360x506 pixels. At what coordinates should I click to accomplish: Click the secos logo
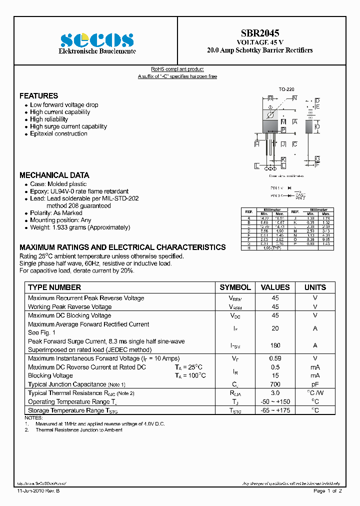pos(97,40)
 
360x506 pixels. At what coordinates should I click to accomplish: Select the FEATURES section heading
pos(38,95)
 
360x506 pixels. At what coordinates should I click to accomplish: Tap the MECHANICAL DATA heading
pos(54,175)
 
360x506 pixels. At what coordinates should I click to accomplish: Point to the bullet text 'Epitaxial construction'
pos(58,133)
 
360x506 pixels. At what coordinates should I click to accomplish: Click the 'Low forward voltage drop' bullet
pos(64,105)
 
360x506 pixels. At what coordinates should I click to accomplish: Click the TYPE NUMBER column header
pos(54,287)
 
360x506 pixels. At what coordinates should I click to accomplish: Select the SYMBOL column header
pos(235,287)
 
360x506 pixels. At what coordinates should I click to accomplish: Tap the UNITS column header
pos(315,287)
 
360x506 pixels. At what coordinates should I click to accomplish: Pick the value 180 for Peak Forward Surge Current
pos(275,345)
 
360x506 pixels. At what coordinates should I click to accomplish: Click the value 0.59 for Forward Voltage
pos(275,358)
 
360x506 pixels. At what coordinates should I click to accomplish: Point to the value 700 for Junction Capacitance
pos(275,384)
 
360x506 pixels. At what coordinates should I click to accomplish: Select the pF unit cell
pos(315,384)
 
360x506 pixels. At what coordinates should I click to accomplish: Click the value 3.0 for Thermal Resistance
pos(275,393)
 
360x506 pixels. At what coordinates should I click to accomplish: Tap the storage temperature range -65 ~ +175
pos(275,410)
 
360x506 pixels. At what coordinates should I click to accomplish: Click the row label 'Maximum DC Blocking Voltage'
pos(69,315)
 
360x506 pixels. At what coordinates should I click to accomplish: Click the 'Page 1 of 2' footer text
pos(327,491)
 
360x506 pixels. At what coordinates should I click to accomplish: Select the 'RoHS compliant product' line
pos(177,69)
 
